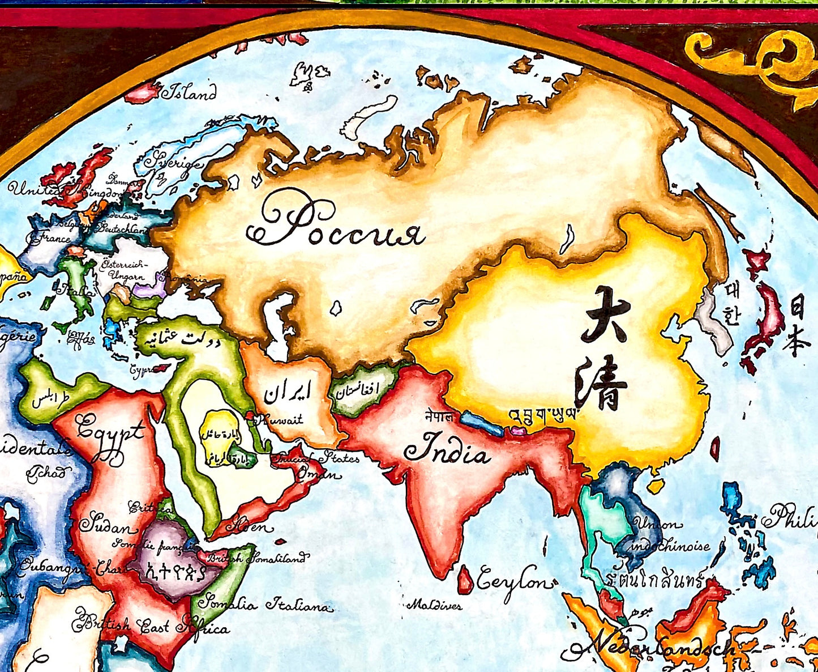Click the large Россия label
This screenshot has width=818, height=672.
[x=335, y=225]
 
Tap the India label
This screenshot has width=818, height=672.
[x=447, y=449]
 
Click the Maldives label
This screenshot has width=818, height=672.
[x=434, y=605]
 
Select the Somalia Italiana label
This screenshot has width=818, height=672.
[x=263, y=605]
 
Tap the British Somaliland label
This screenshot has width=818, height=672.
[x=258, y=558]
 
